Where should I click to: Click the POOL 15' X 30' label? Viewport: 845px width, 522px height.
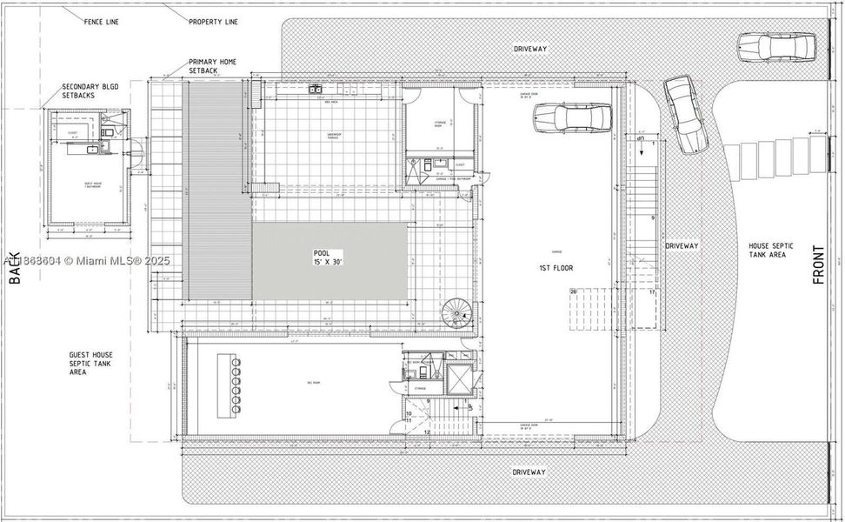point(330,257)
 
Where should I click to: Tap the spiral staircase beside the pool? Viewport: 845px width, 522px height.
point(455,313)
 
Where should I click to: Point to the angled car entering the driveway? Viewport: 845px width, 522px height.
point(685,113)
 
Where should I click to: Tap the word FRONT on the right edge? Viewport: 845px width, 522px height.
point(818,266)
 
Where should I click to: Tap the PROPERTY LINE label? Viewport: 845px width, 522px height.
point(212,20)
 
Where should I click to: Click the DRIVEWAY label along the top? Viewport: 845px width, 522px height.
point(529,49)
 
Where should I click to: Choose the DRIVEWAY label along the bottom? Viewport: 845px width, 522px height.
point(529,472)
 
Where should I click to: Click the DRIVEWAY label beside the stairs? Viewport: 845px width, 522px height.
point(682,246)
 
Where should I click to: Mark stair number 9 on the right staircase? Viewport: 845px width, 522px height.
point(652,218)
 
